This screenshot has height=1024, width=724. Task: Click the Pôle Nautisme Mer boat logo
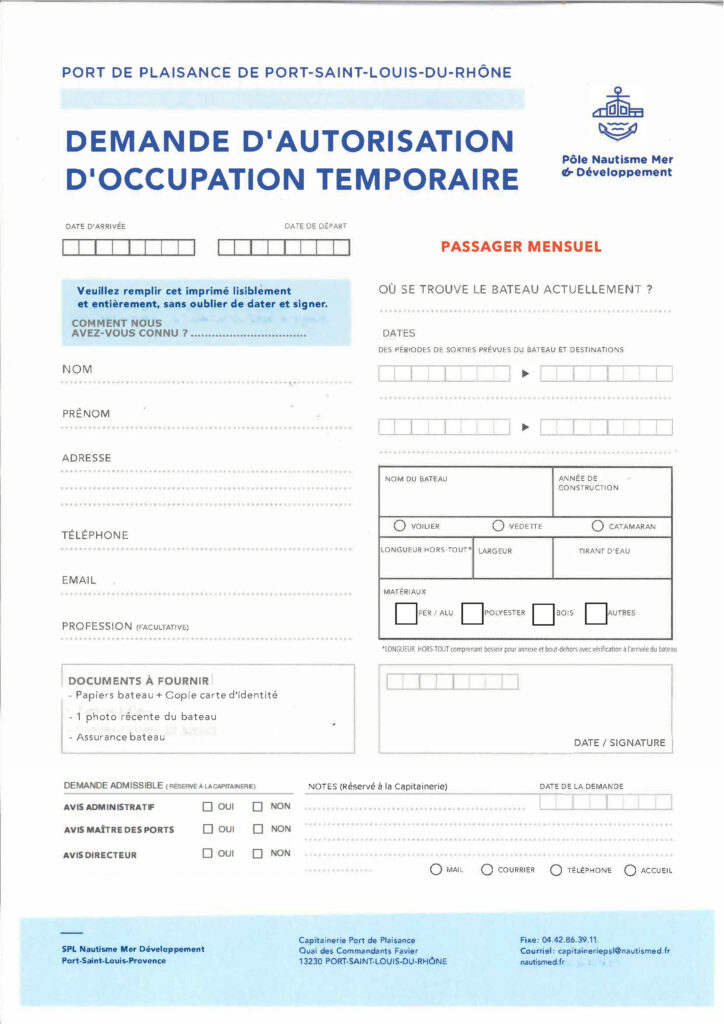pos(618,116)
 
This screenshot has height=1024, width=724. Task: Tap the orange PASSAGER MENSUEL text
pos(521,246)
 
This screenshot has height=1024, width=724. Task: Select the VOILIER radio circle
pos(400,526)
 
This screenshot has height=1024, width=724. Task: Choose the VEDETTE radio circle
pos(498,526)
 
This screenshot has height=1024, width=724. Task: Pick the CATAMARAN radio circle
pos(598,526)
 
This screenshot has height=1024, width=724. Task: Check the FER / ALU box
pos(406,612)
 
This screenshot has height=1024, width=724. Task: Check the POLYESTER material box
pos(472,612)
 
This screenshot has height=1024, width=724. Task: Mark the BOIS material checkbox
pos(544,612)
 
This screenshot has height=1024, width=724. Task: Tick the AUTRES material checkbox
pos(596,612)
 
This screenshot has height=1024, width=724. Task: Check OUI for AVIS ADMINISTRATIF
pos(208,806)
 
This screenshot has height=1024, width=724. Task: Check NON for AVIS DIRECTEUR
pos(257,854)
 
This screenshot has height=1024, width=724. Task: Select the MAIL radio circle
pos(436,870)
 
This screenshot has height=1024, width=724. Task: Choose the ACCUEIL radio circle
pos(631,870)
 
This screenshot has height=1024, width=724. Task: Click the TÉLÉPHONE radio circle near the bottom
pos(556,870)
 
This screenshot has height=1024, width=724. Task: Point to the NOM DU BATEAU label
pos(416,479)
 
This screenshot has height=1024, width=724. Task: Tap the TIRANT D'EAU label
pos(612,551)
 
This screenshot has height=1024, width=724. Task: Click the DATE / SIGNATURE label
pos(619,743)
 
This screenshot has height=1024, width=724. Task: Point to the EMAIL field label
pos(79,580)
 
